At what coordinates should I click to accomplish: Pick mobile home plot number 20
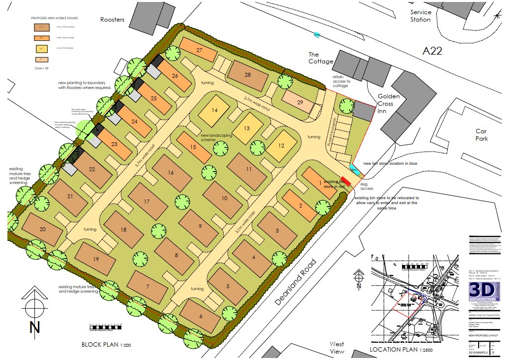(42, 229)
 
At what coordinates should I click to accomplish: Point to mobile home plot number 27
(199, 51)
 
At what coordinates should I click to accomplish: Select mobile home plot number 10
(224, 198)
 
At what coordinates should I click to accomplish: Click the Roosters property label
(113, 20)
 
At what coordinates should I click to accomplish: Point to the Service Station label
(421, 16)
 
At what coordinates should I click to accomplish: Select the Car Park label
(481, 135)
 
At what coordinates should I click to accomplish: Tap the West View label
(337, 347)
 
